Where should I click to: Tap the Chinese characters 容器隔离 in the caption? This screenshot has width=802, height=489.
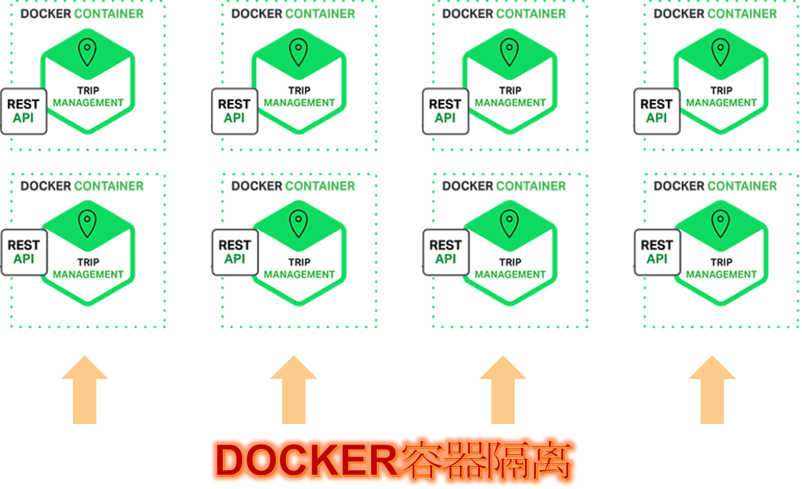(488, 460)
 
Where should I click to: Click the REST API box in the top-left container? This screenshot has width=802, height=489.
(23, 111)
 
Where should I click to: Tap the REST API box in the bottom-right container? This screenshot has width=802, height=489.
(657, 252)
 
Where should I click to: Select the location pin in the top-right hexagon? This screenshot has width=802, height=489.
(720, 52)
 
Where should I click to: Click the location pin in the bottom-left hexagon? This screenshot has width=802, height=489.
(87, 223)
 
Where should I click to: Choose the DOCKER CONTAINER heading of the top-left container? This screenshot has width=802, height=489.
(82, 14)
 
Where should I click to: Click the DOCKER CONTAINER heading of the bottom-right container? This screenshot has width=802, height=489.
(715, 186)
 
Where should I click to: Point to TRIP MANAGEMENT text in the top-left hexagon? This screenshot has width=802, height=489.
(88, 97)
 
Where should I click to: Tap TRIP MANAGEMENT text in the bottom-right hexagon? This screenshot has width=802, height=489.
(721, 268)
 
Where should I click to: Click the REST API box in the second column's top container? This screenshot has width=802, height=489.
(234, 111)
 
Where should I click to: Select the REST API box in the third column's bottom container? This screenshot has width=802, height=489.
(445, 252)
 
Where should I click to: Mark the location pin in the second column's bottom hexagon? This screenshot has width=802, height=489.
(299, 223)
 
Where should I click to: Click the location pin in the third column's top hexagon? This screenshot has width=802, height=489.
(510, 52)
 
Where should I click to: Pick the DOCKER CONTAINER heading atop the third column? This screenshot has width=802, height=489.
(504, 14)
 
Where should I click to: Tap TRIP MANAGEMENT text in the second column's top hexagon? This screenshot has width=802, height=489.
(299, 97)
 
